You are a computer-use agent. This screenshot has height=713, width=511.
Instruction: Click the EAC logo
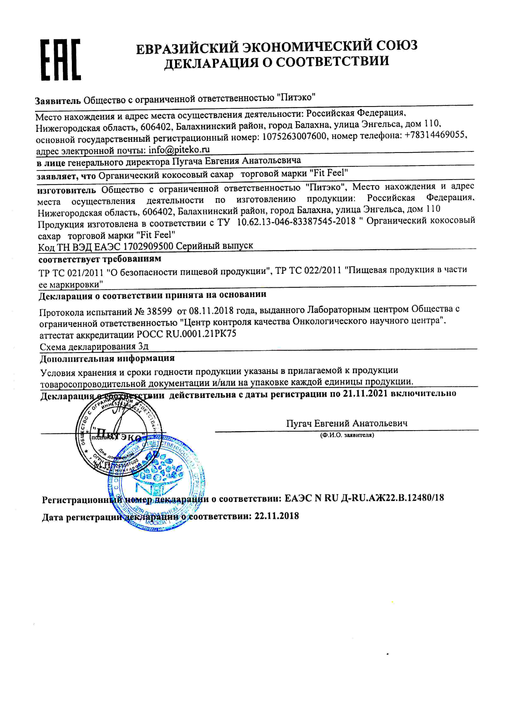point(61,60)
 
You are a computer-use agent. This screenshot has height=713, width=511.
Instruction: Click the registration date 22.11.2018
point(276,516)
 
